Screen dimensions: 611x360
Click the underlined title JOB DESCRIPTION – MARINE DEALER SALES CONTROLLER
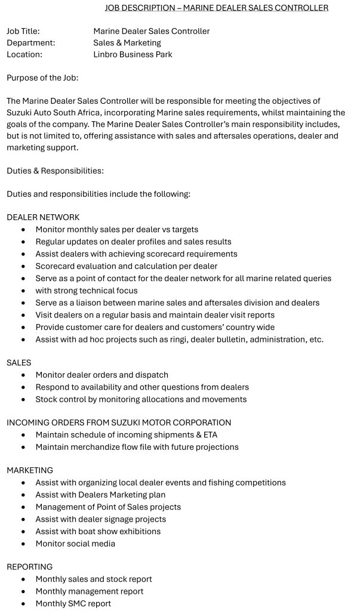tap(216, 8)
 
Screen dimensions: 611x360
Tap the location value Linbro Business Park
tap(133, 54)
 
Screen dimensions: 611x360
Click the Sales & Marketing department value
tap(127, 42)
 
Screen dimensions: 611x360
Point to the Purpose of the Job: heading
tap(42, 78)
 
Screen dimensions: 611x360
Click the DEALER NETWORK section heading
tap(43, 217)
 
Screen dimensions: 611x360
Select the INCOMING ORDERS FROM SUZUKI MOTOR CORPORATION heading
tap(119, 422)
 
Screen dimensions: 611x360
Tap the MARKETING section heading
tap(30, 470)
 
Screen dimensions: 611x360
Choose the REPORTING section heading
tap(30, 567)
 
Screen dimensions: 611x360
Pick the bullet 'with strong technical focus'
tap(87, 291)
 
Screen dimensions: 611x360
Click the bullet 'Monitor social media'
tap(75, 544)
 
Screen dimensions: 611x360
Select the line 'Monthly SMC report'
tap(73, 603)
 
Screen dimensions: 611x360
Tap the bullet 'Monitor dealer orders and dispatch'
tap(101, 375)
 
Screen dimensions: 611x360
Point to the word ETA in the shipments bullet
tap(206, 434)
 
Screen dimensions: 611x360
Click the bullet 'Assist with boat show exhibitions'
tap(98, 531)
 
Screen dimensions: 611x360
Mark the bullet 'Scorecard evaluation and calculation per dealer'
tap(126, 266)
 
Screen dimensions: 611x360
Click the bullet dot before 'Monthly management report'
tap(23, 591)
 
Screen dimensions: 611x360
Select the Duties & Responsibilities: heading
tap(55, 171)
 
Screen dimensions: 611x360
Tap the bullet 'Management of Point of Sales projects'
tap(108, 507)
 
